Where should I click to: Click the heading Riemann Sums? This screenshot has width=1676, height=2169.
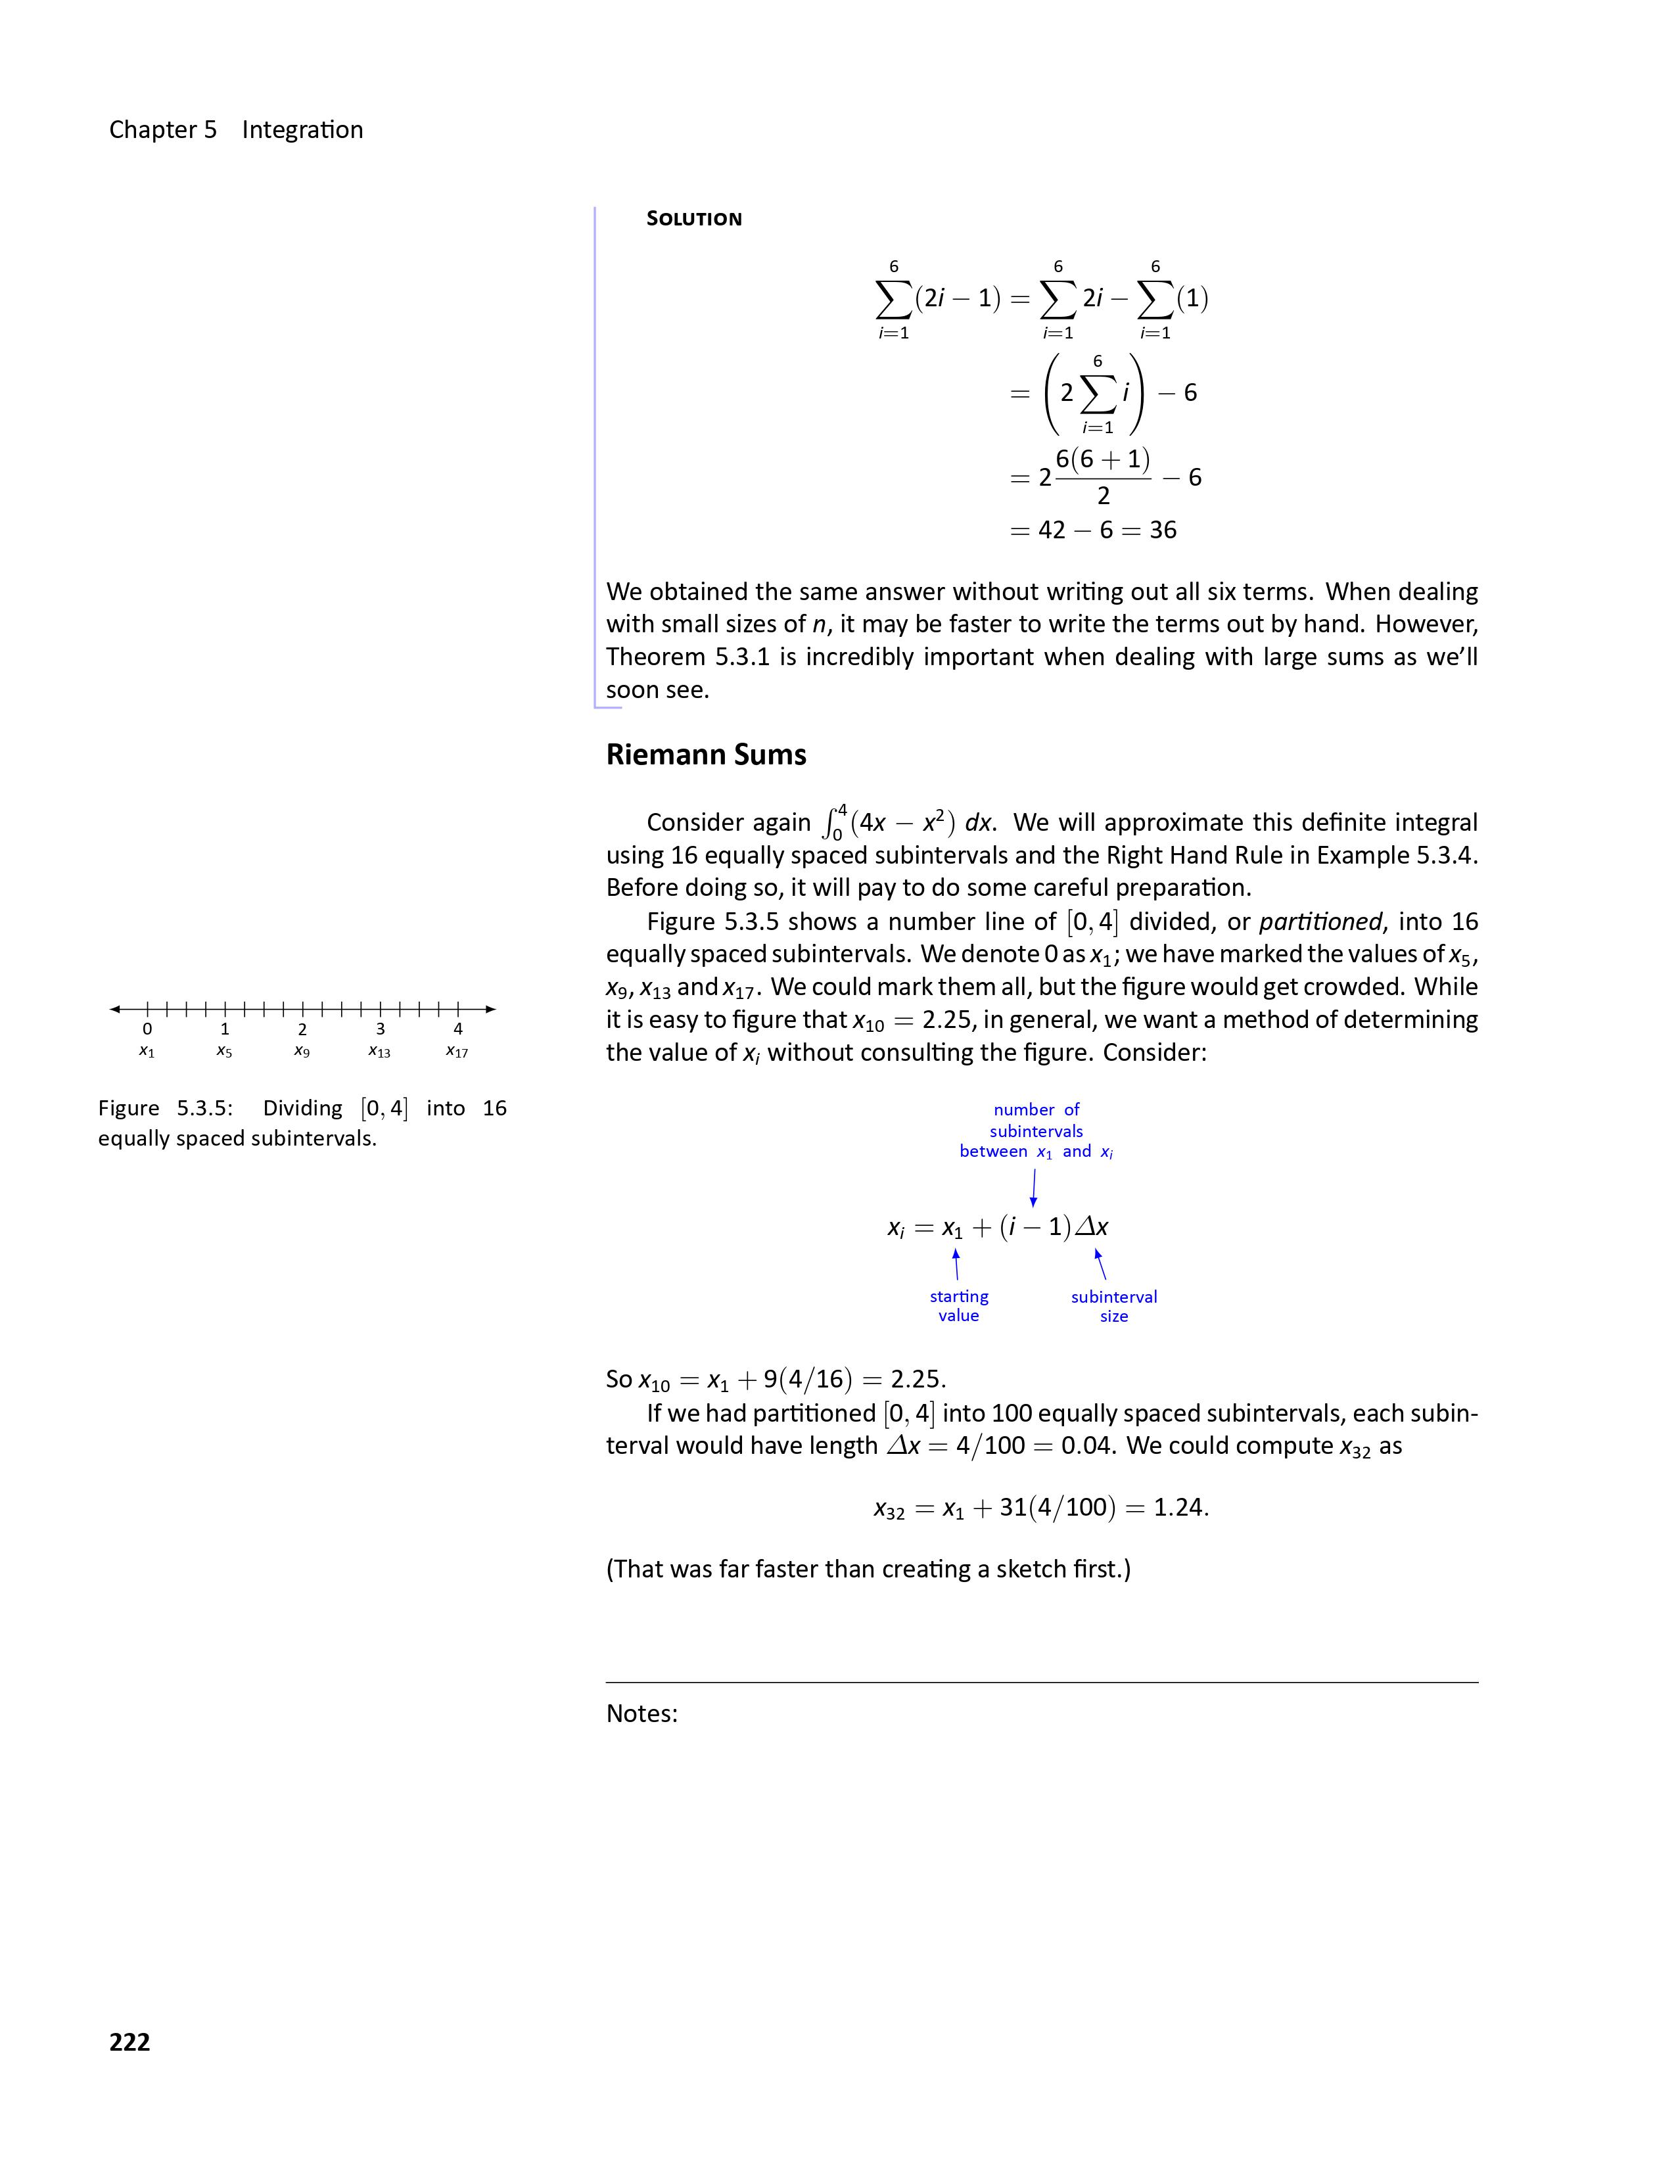click(706, 755)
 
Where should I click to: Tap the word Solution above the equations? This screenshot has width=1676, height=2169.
click(694, 218)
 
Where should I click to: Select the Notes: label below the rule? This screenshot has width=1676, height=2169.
click(641, 1714)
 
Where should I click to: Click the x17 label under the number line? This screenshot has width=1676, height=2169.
click(457, 1051)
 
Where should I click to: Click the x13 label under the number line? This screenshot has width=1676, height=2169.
click(379, 1051)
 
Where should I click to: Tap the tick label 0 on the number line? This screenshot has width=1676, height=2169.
click(147, 1029)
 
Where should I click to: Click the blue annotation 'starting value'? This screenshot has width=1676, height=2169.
click(959, 1306)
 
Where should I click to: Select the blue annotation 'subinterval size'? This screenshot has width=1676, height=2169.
click(1114, 1307)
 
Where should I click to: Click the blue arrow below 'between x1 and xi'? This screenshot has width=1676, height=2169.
click(1034, 1187)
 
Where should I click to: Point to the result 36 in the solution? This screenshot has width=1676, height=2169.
click(1163, 530)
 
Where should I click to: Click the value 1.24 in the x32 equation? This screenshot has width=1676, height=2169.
click(1178, 1508)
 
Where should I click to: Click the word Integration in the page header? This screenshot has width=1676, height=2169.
click(303, 130)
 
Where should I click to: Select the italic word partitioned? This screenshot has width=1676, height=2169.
click(1320, 921)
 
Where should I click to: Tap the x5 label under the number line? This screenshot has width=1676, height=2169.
click(224, 1051)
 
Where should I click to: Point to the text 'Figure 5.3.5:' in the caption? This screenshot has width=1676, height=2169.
click(165, 1108)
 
